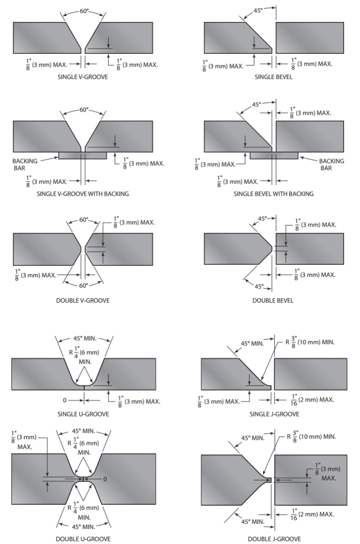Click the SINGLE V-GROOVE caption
click(82, 76)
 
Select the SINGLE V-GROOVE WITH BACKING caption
click(82, 194)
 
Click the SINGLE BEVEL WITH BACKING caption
click(273, 194)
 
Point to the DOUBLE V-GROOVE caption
click(82, 300)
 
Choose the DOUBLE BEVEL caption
click(273, 300)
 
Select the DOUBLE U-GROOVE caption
click(83, 539)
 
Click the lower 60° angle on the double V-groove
click(83, 285)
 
